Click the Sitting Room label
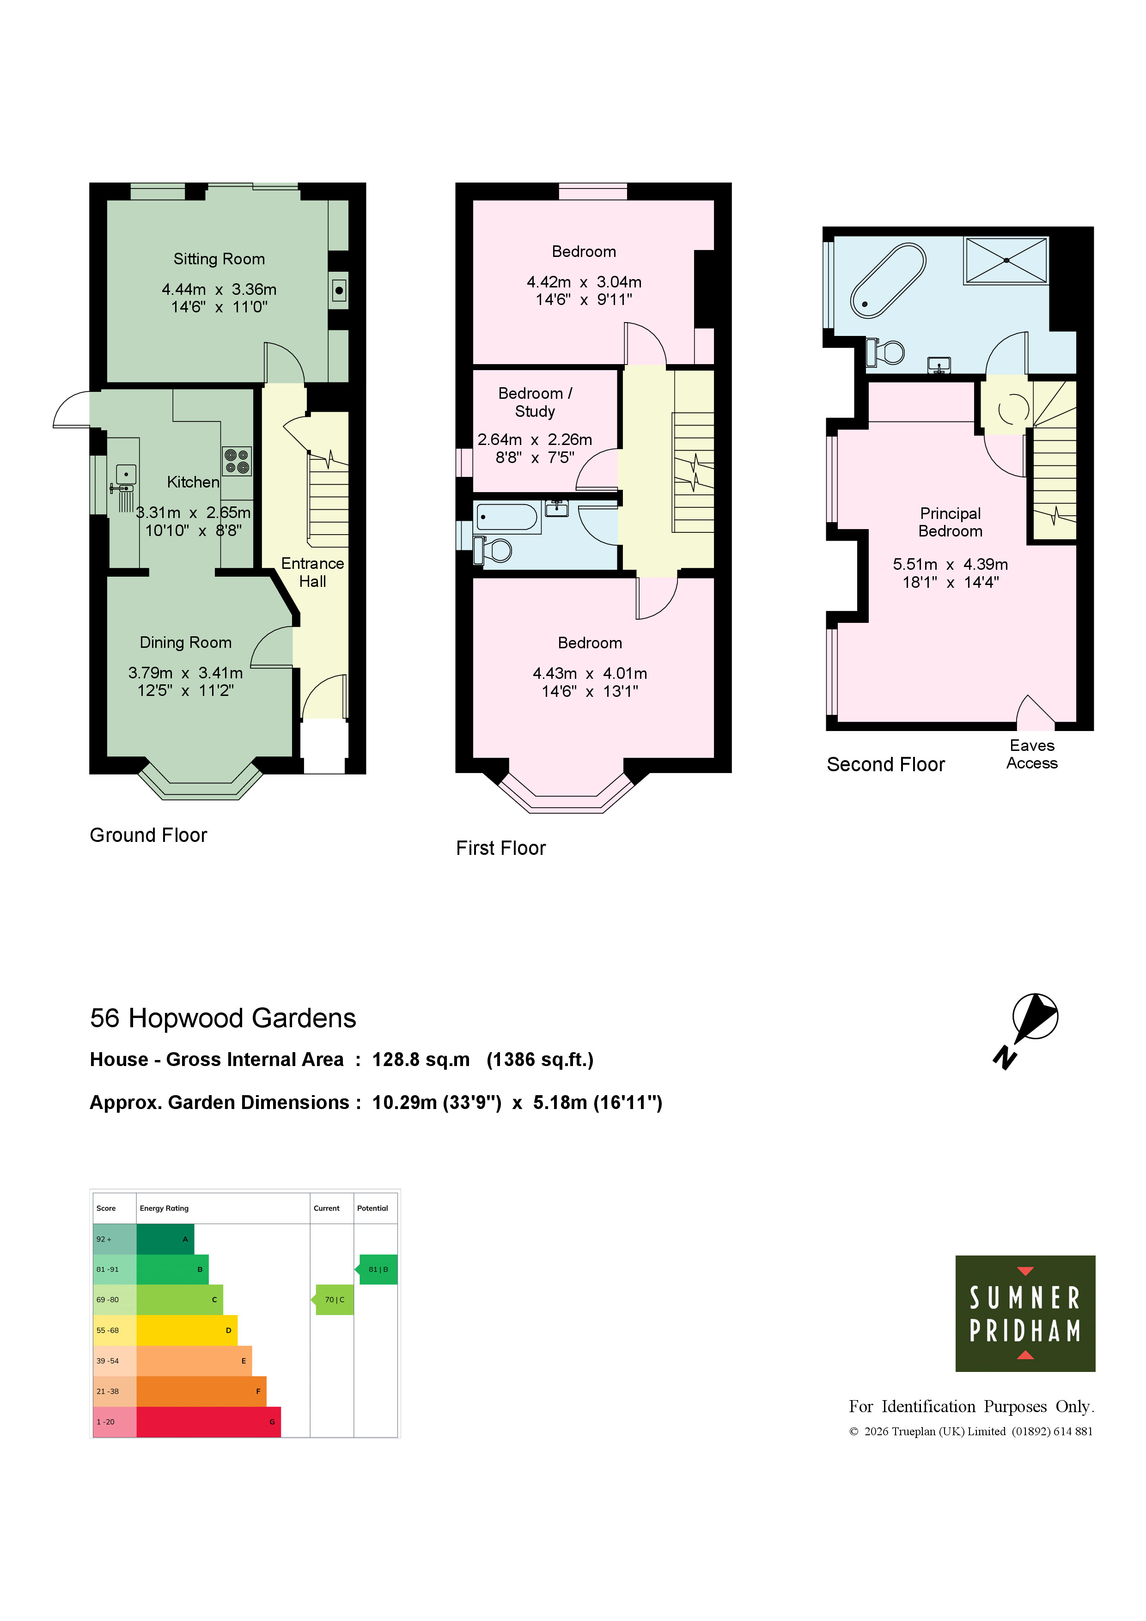[219, 259]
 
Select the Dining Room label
[186, 642]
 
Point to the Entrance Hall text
[312, 572]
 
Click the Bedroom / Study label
[535, 402]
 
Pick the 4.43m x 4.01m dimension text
[590, 674]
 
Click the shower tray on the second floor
[1006, 261]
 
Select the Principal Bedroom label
[951, 523]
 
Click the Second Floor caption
[885, 765]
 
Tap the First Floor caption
[500, 848]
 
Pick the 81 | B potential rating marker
[377, 1269]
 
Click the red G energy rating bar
[208, 1422]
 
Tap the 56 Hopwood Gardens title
[223, 1018]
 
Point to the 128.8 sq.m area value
[421, 1060]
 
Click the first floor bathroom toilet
[494, 550]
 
